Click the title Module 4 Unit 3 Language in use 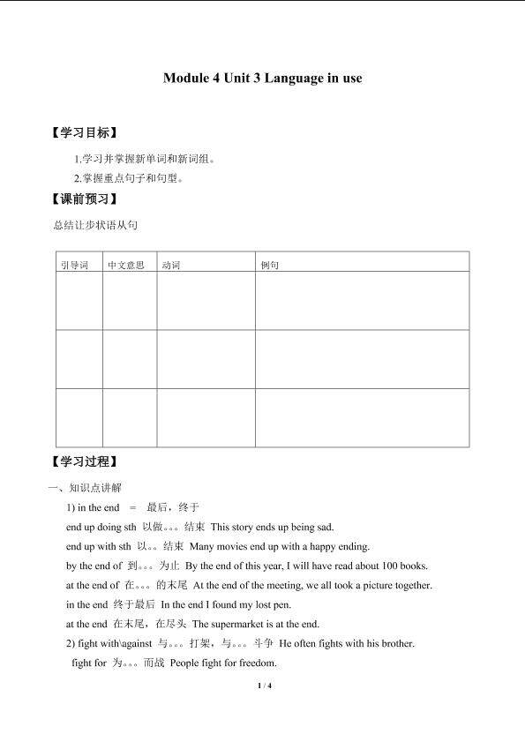(x=262, y=78)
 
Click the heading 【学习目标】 (x=85, y=133)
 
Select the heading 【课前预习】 (x=85, y=199)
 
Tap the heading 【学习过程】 (x=85, y=461)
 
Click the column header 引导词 (x=74, y=265)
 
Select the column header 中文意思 (x=125, y=265)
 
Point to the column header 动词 (x=171, y=265)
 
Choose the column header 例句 (x=270, y=265)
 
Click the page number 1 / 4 (x=263, y=686)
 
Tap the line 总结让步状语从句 (x=95, y=226)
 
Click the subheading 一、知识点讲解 (x=86, y=487)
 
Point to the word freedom (x=258, y=663)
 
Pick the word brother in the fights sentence (x=394, y=643)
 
